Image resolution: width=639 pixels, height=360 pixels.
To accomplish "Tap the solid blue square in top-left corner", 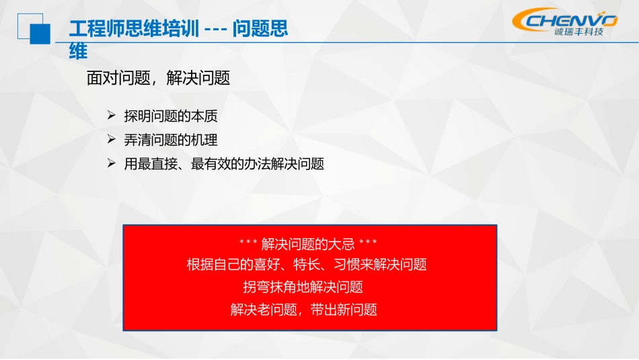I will pos(39,33).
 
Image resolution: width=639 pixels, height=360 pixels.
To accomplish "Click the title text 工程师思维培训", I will pos(134,30).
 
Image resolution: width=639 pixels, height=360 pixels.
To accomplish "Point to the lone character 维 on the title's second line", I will pos(78,51).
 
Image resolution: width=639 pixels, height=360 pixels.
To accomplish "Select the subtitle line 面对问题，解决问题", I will pos(158,78).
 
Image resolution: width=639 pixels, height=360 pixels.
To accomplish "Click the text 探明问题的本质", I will pos(170,116).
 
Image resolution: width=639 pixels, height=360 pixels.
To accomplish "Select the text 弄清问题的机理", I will pos(170,140).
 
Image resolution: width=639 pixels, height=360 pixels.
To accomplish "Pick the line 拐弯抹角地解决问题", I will pos(303,287).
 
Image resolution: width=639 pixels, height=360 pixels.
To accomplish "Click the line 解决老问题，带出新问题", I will pos(303,310).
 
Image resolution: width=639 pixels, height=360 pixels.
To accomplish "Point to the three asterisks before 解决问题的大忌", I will pos(248,243).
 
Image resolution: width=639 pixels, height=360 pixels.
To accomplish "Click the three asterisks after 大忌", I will pos(368,243).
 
